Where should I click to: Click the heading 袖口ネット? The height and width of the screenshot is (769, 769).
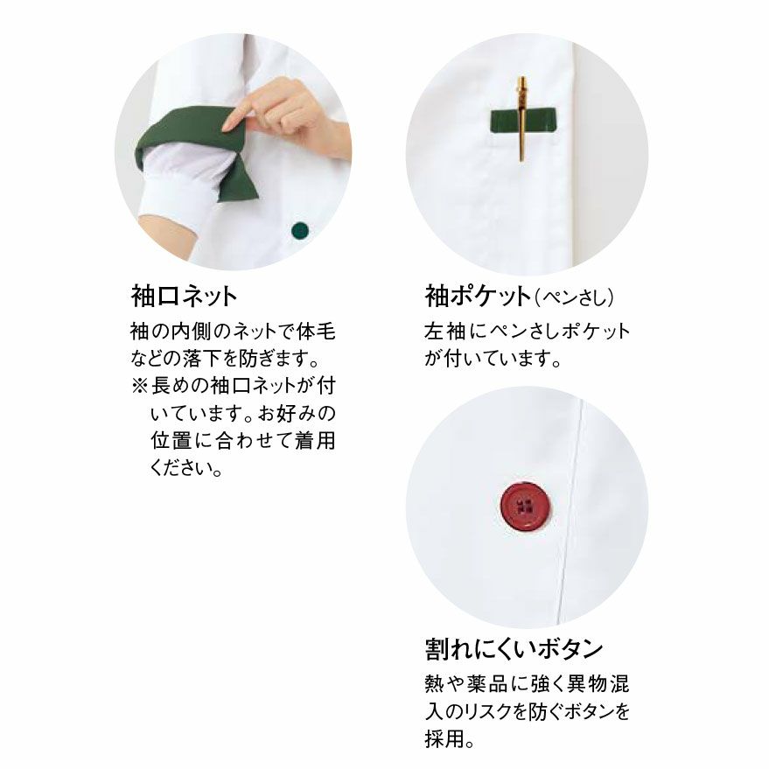(x=184, y=297)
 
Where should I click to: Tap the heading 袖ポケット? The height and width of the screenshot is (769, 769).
(x=478, y=297)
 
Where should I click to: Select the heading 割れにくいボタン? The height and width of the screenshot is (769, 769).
(x=514, y=648)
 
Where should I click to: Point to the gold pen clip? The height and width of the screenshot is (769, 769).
(x=521, y=119)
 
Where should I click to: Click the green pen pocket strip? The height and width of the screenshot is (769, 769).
(x=523, y=121)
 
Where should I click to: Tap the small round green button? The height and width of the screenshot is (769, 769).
(x=300, y=229)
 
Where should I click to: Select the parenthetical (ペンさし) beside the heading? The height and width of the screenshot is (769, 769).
(x=573, y=297)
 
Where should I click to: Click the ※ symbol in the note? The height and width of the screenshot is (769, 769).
(x=139, y=386)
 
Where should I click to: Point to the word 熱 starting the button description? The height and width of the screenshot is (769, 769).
(x=434, y=683)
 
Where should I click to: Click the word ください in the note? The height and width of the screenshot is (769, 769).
(x=180, y=467)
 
